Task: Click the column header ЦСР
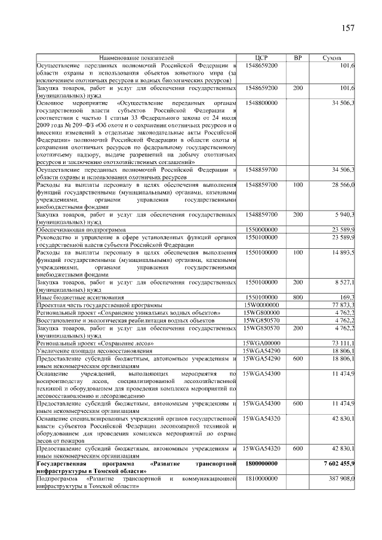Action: (x=261, y=58)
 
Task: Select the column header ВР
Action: (x=298, y=58)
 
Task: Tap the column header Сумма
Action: (x=332, y=58)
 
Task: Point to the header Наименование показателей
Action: (x=136, y=58)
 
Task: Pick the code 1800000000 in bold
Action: (x=261, y=464)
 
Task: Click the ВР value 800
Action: (x=298, y=297)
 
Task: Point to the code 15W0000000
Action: (x=261, y=304)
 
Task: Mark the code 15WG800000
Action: (x=261, y=312)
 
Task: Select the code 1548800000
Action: (x=261, y=103)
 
